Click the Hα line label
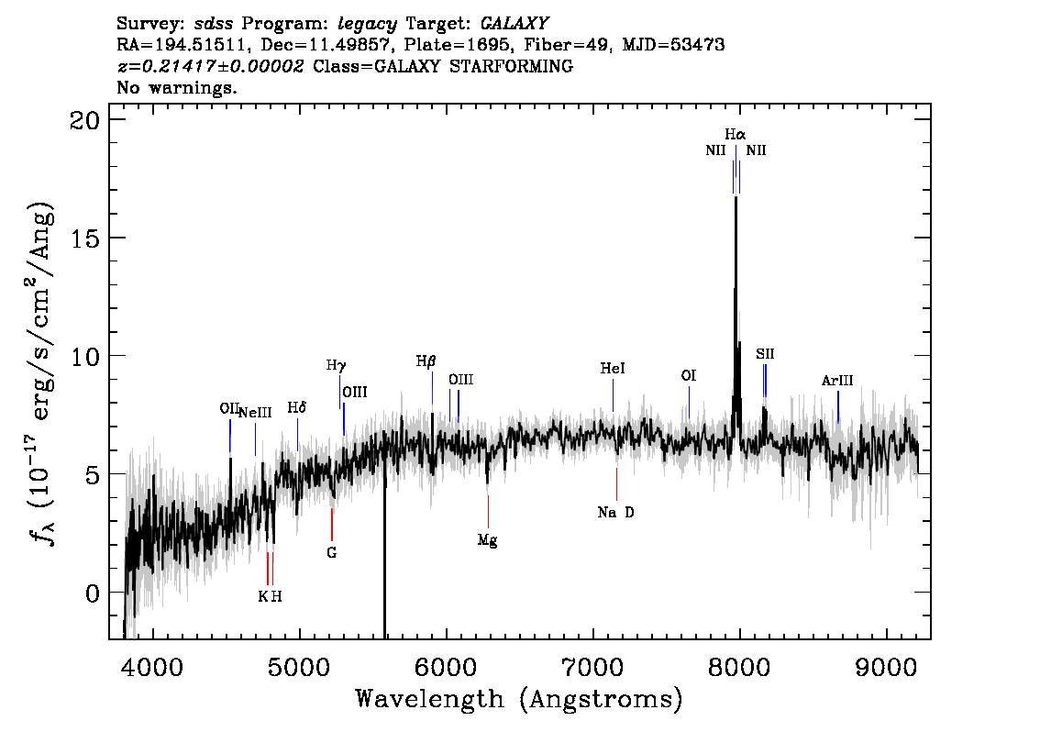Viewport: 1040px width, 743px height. (x=735, y=135)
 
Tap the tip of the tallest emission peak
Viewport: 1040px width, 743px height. (x=736, y=198)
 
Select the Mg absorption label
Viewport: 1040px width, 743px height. (x=488, y=540)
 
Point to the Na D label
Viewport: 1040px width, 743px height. (x=615, y=512)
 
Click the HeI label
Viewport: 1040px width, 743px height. (x=613, y=368)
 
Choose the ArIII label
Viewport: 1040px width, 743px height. (x=837, y=381)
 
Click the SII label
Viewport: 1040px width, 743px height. (x=765, y=354)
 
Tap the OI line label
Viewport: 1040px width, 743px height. (x=689, y=376)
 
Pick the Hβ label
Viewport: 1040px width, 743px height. (x=426, y=361)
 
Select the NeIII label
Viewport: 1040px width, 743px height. (x=255, y=413)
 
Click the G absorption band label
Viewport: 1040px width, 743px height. (x=332, y=552)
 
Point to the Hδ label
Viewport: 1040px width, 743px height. (x=296, y=408)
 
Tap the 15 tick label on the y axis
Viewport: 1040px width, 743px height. (x=84, y=238)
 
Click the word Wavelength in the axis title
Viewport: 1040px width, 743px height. (x=430, y=699)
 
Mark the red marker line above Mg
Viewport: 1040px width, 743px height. (x=488, y=512)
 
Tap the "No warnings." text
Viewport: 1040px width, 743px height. (x=176, y=87)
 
